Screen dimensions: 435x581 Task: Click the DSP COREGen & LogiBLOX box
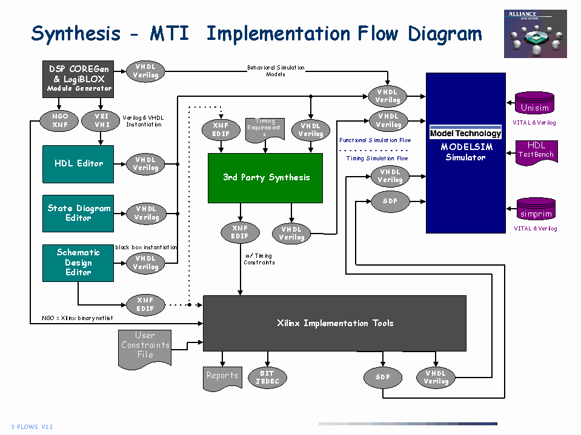(x=79, y=79)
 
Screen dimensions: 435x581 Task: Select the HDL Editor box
(x=78, y=164)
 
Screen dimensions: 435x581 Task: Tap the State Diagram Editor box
(x=78, y=213)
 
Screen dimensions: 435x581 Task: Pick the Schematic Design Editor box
(x=78, y=263)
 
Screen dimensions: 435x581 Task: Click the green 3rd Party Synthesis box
(x=265, y=178)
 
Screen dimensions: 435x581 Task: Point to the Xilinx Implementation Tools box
(x=334, y=323)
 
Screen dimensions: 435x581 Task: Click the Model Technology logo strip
(x=465, y=134)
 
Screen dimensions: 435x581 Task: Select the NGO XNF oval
(x=60, y=120)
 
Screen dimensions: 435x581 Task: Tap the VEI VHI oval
(x=101, y=120)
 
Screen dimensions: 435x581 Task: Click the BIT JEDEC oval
(x=267, y=378)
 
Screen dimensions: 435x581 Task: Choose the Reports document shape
(x=222, y=376)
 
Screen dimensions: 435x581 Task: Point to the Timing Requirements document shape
(x=265, y=129)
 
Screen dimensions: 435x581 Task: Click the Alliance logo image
(x=535, y=34)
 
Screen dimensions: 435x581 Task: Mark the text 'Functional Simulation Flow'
(x=374, y=140)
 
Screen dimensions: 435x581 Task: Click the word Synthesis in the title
(x=76, y=33)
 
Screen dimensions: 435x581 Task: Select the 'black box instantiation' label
(x=146, y=247)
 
